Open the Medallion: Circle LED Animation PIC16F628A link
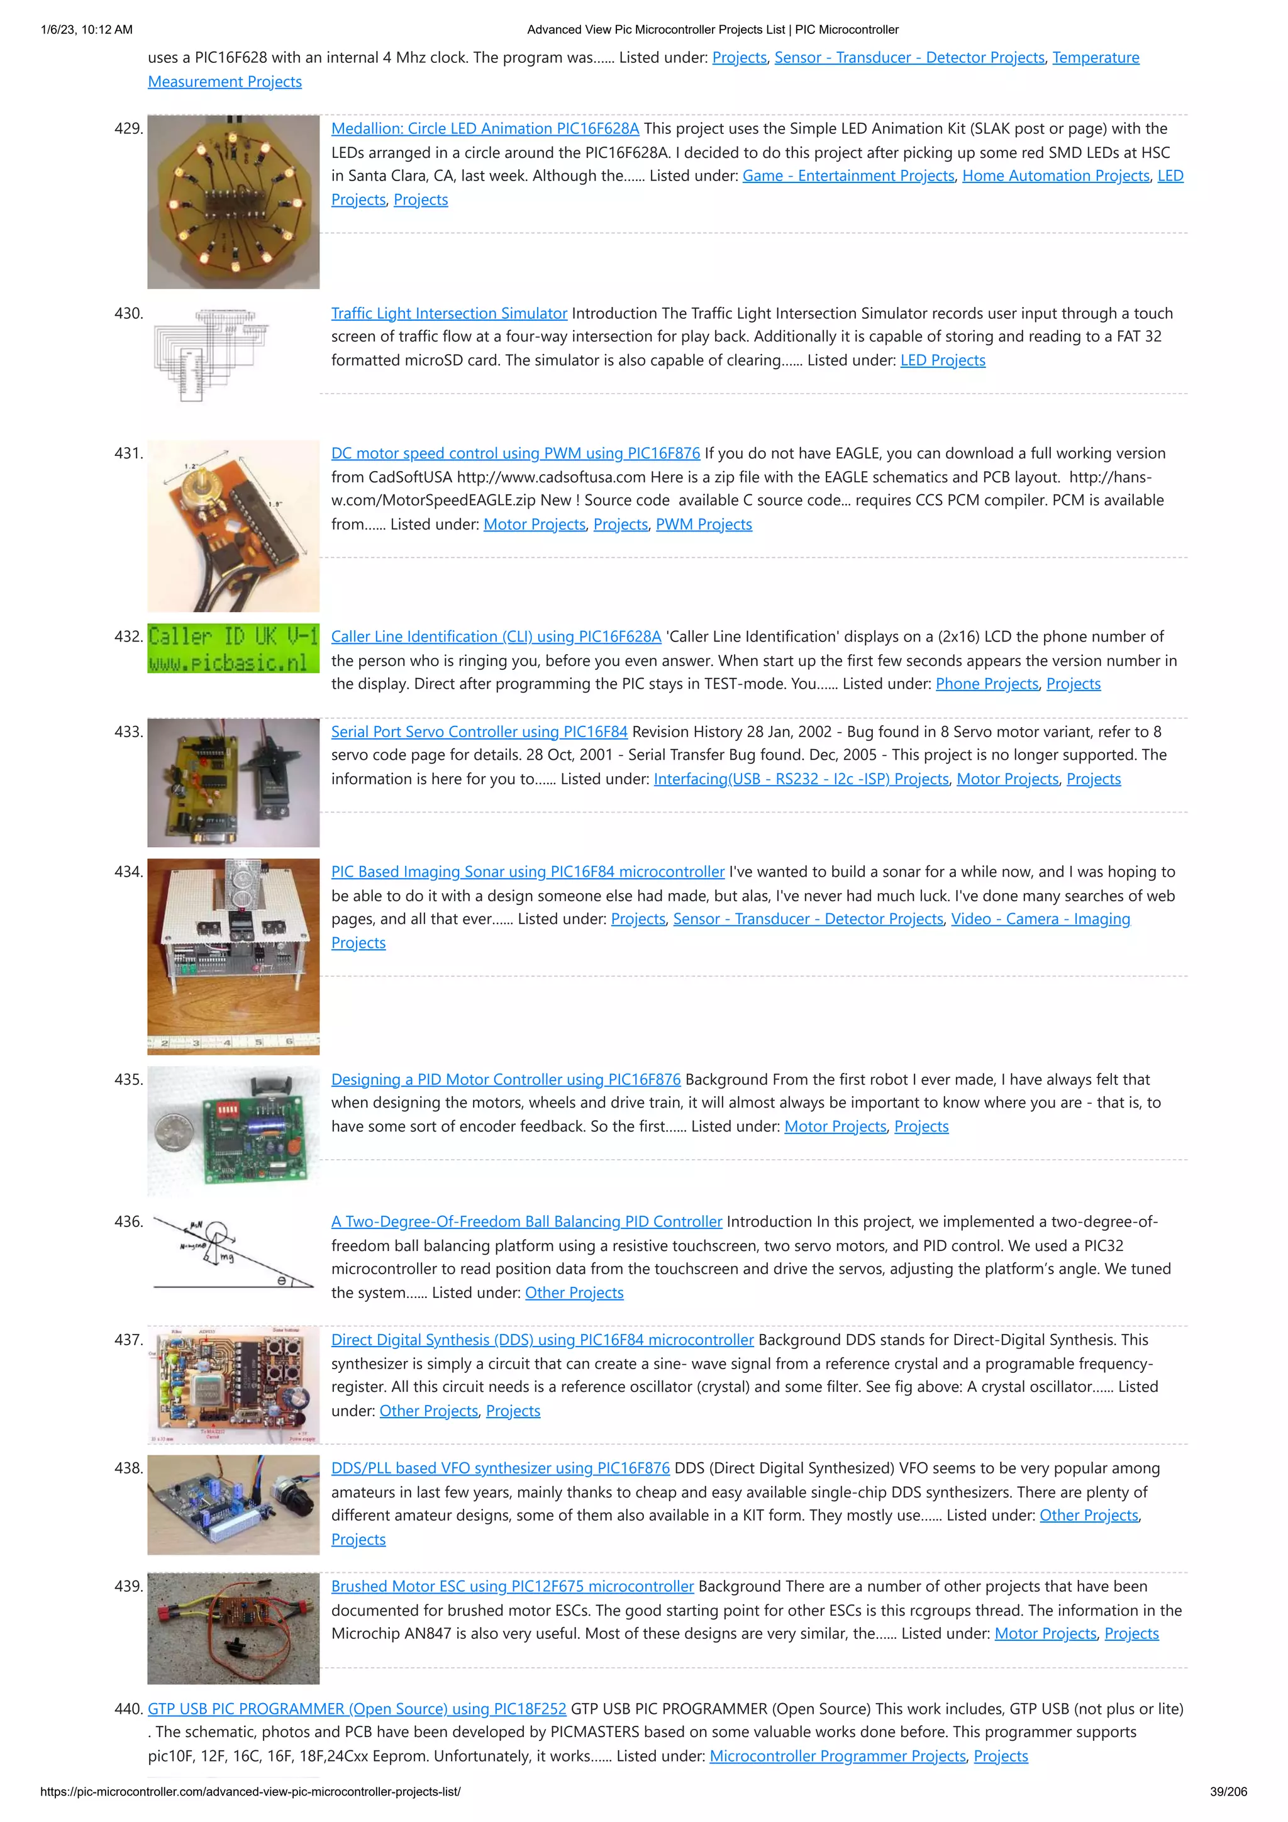click(x=485, y=128)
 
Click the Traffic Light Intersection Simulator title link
click(x=449, y=313)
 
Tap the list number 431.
click(x=128, y=453)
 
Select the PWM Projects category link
click(x=703, y=525)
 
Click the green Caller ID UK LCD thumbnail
click(x=233, y=648)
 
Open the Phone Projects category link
click(x=986, y=684)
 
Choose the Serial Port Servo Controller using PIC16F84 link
click(x=479, y=731)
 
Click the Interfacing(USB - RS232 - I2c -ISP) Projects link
click(x=801, y=779)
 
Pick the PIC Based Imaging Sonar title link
click(x=528, y=872)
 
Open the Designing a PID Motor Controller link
click(x=506, y=1080)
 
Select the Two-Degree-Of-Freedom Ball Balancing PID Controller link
click(x=526, y=1222)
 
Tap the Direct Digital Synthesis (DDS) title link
click(x=542, y=1340)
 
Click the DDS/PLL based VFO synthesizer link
click(x=500, y=1469)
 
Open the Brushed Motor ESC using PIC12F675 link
click(x=512, y=1587)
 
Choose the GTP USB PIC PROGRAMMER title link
click(x=357, y=1709)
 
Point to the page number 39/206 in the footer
click(x=1228, y=1792)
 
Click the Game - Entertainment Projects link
click(x=848, y=176)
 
